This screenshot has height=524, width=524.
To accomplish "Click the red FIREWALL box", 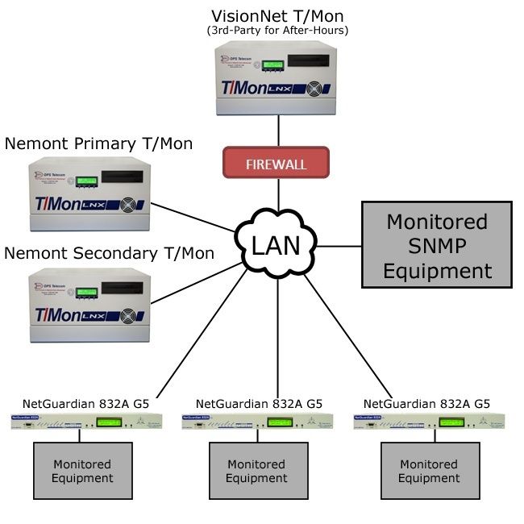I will [x=276, y=164].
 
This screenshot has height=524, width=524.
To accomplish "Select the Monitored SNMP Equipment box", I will [x=436, y=245].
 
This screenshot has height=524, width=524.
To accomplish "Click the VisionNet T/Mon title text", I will [x=279, y=16].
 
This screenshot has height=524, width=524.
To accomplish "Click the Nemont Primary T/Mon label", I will [x=98, y=143].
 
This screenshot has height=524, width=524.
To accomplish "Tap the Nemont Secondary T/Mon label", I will [x=109, y=253].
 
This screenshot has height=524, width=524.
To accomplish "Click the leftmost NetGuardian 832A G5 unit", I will [x=86, y=421].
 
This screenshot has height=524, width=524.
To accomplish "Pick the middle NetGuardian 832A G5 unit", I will [x=257, y=421].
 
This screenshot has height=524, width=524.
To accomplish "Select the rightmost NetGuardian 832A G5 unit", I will [x=429, y=421].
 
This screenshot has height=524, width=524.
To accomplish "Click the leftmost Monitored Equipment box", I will [x=83, y=471].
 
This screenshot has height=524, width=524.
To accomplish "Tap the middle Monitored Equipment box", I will [x=256, y=471].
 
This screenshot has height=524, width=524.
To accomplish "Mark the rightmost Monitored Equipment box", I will [x=429, y=471].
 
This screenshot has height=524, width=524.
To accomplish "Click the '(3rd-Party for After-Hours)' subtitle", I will [x=279, y=31].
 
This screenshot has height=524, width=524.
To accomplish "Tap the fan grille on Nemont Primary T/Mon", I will [x=129, y=205].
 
